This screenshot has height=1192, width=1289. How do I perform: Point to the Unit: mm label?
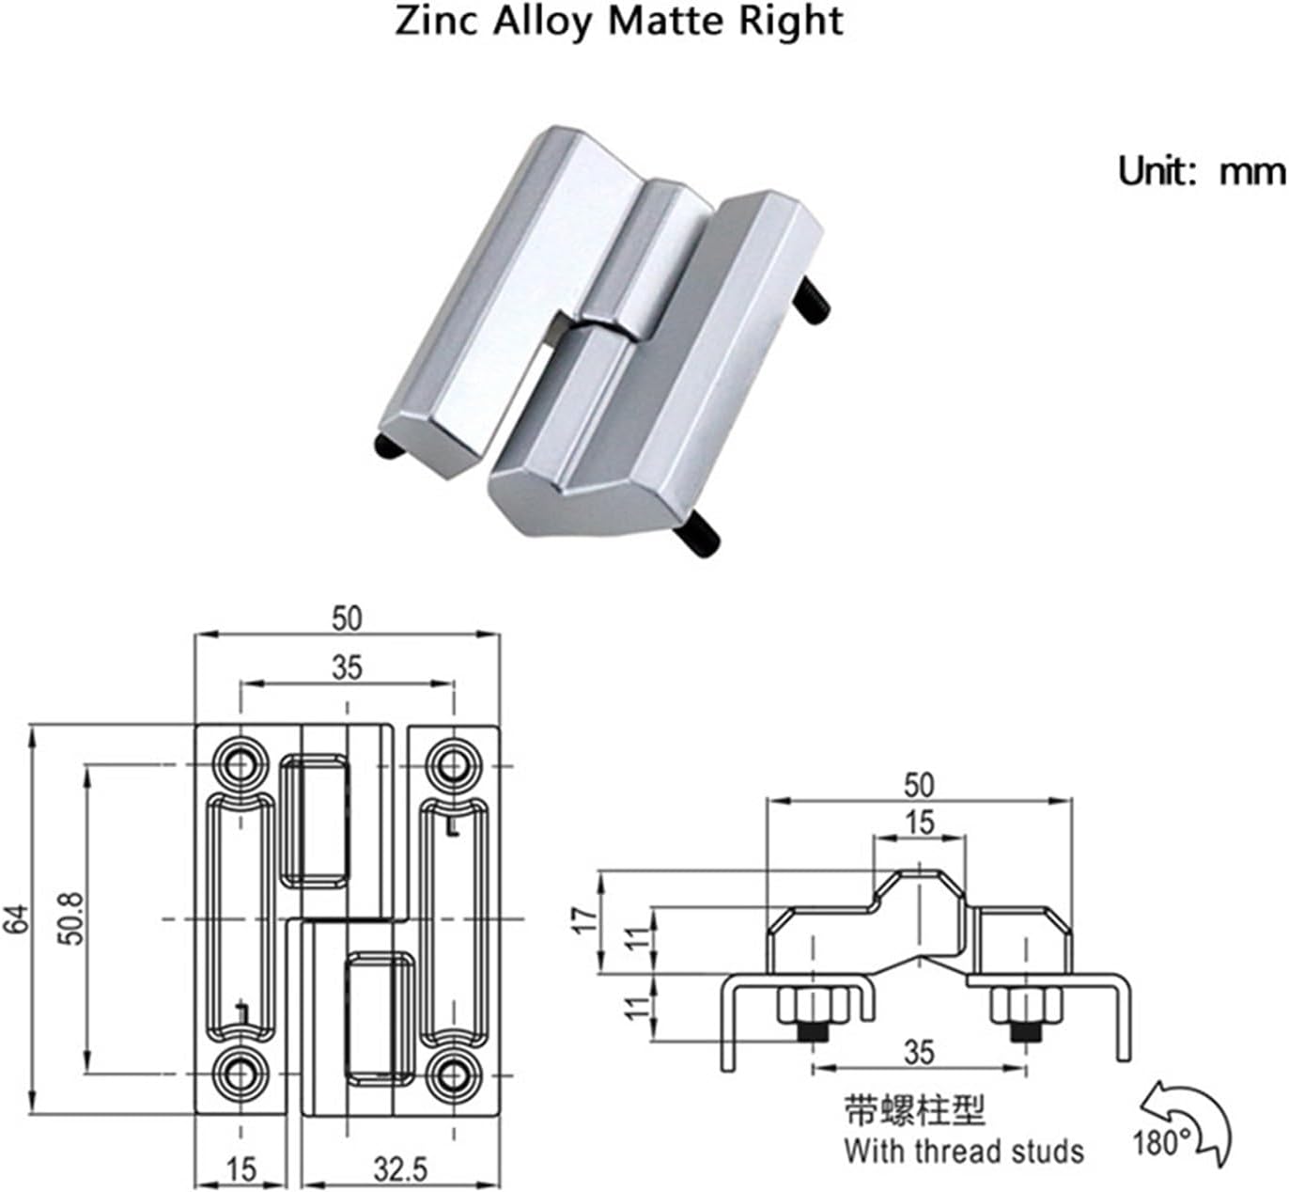click(1201, 171)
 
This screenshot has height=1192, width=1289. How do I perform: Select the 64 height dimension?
click(16, 918)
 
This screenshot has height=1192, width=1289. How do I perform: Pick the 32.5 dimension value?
click(399, 1169)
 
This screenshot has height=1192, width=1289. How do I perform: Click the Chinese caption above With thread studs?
click(915, 1110)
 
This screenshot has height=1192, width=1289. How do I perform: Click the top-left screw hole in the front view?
click(241, 761)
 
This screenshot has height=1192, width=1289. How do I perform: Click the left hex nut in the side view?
click(813, 1007)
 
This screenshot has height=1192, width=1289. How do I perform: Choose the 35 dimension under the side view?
click(920, 1052)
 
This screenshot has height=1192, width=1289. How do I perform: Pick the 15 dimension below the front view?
click(241, 1169)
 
